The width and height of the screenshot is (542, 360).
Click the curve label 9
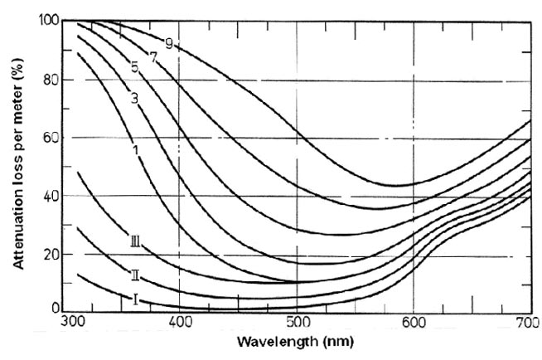coord(169,43)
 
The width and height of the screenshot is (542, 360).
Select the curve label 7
coord(153,56)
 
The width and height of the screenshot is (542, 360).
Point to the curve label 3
coord(133,98)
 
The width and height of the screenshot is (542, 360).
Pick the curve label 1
coord(134,149)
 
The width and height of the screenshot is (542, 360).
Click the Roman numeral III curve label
coord(135,242)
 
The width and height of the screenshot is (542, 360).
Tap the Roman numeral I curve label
coord(134,298)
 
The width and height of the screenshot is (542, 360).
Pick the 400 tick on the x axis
coord(180,321)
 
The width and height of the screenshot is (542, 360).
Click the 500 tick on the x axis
coord(296,321)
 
